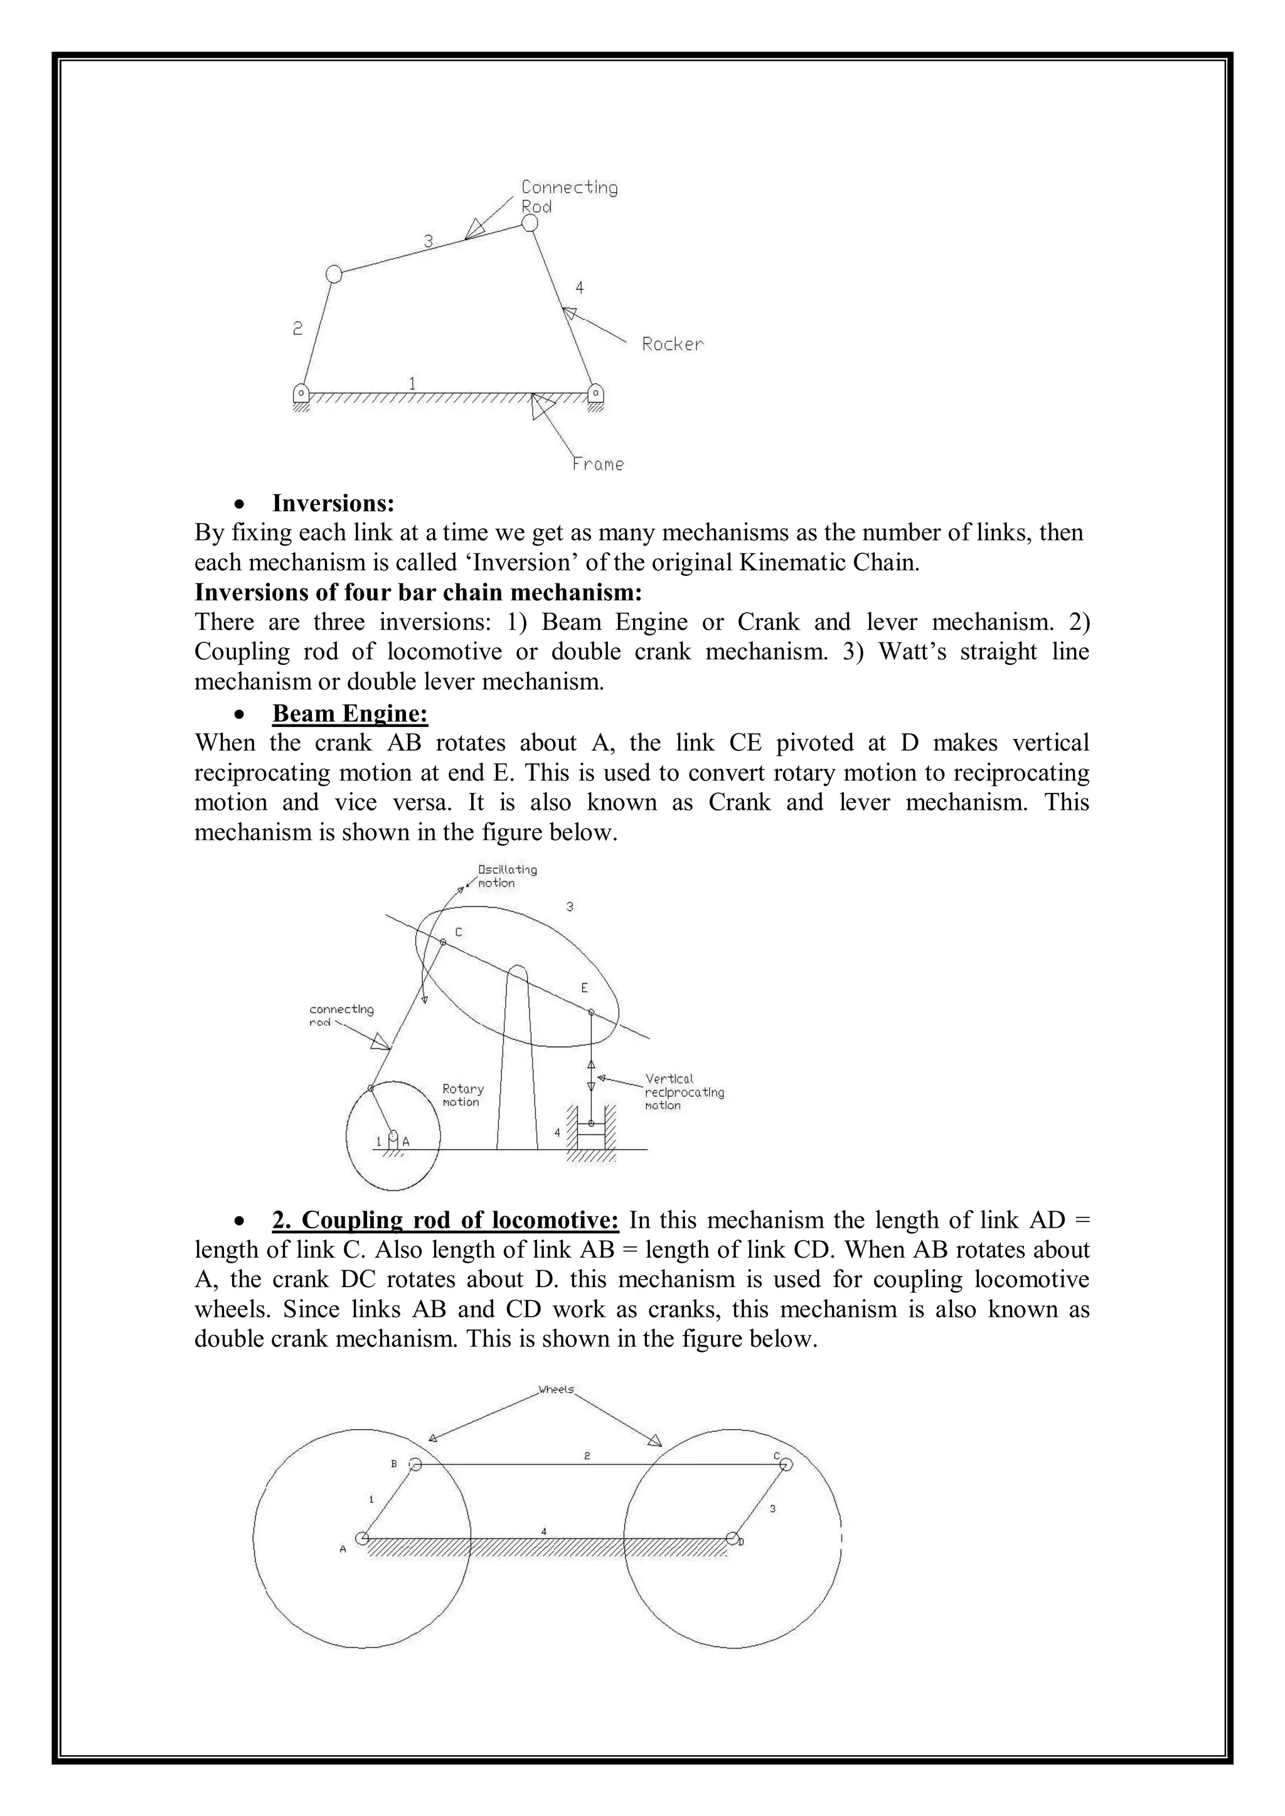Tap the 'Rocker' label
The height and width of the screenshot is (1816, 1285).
672,344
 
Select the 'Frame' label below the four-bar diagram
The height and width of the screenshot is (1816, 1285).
597,464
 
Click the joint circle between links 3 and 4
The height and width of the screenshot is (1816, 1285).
530,224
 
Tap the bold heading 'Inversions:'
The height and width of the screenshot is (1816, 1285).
333,503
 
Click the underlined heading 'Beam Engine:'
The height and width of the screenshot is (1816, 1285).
349,713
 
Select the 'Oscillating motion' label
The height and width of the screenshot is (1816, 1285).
506,876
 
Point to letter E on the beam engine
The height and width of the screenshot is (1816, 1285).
585,988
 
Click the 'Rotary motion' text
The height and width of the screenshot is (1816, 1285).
463,1095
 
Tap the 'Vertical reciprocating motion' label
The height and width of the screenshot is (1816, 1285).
684,1091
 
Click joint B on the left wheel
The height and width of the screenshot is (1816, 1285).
415,1464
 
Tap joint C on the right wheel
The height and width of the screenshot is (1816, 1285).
786,1464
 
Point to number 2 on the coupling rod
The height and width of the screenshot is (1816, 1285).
587,1455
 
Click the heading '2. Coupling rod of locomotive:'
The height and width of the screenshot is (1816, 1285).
445,1221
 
